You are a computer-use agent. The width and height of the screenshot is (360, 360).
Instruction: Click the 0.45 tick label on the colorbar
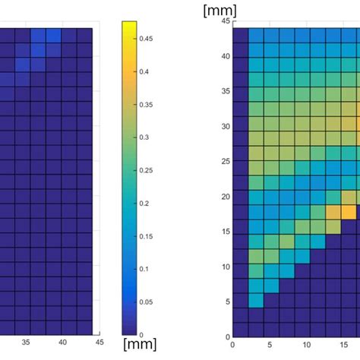coord(147,37)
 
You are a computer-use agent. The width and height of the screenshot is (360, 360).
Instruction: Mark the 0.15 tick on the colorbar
coord(147,235)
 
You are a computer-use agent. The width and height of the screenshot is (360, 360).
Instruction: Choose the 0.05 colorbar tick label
coord(147,302)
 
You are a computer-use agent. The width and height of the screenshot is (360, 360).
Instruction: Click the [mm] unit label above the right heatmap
coord(219,11)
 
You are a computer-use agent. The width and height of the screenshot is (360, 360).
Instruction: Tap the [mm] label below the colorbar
coord(140,345)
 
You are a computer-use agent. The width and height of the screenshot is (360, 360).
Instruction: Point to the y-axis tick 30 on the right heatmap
coord(225,126)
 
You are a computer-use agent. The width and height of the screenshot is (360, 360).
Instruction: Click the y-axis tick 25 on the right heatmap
coord(225,161)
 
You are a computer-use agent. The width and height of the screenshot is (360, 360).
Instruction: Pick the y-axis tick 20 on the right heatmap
coord(225,196)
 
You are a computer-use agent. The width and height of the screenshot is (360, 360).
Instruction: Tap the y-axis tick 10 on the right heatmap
coord(225,267)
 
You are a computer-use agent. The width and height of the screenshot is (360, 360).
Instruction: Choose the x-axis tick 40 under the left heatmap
coord(63,343)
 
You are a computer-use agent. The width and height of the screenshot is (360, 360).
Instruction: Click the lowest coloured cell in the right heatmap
coord(256,300)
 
